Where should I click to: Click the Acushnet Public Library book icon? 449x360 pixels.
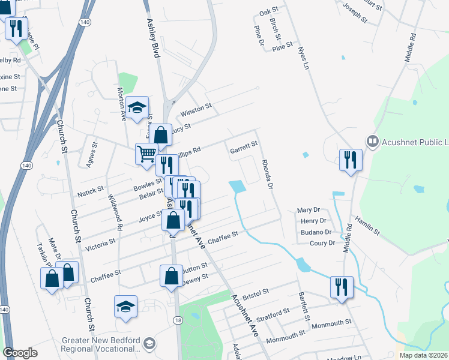[x=372, y=142]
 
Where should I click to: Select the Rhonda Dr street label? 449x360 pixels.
[x=267, y=176]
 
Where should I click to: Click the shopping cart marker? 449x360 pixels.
[x=146, y=154]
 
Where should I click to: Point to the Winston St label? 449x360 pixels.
[x=196, y=108]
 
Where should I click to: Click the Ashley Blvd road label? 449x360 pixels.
[x=153, y=37]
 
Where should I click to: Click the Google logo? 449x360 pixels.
[x=20, y=353]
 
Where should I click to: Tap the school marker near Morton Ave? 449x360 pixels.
[x=137, y=107]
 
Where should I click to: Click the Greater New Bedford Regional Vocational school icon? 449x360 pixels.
[x=149, y=344]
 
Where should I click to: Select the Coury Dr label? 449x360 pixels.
[x=322, y=243]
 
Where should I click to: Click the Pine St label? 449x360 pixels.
[x=282, y=46]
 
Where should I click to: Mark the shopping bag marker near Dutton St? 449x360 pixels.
[x=171, y=276]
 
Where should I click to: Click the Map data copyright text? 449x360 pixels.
[x=423, y=355]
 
